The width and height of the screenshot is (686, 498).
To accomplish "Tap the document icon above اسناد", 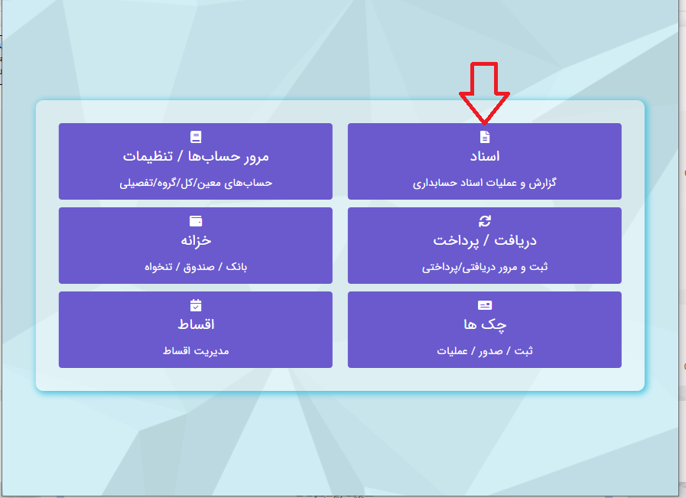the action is pos(485,137).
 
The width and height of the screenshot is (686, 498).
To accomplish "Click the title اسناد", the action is pos(485,156).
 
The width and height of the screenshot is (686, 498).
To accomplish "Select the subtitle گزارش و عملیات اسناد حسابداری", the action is pos(485,183).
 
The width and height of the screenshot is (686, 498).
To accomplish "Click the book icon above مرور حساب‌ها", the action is pos(196,137).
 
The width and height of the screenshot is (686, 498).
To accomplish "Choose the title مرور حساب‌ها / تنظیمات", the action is pos(196,156).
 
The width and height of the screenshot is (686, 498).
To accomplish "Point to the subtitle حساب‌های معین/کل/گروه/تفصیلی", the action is pos(196,183).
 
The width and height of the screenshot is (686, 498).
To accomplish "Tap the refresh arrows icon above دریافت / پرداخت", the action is pos(485,221).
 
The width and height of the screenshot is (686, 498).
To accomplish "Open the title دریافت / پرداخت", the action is pos(485,241).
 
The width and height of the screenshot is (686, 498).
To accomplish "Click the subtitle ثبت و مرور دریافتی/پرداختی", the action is pos(485,267).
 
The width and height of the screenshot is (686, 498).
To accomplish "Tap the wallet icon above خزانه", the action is pos(196,221).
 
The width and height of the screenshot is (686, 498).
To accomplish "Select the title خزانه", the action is pos(196,240).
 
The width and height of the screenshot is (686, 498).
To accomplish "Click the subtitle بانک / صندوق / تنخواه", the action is pos(196,266).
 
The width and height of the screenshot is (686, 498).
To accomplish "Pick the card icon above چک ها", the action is pos(485,305).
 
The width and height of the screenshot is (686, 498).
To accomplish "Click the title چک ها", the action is pos(485,324).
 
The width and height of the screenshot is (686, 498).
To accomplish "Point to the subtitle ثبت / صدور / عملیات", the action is pos(485,350).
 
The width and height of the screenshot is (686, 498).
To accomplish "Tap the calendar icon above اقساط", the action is pos(196,305).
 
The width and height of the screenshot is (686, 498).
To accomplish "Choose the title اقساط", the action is pos(196,324).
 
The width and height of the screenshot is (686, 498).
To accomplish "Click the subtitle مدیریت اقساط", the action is pos(196,350).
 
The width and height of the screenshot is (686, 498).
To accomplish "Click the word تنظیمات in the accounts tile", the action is pos(148,156).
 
